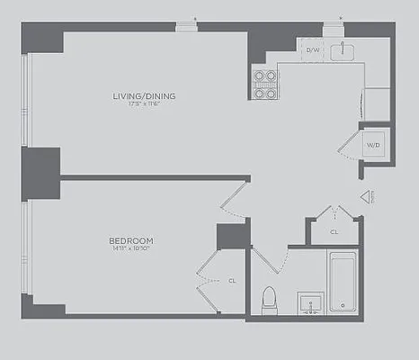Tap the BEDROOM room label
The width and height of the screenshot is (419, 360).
[131, 240]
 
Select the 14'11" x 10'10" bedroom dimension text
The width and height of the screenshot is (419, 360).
[131, 249]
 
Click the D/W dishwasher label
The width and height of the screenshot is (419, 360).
[313, 50]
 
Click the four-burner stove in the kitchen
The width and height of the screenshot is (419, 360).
[264, 84]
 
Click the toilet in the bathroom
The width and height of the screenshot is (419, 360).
[269, 300]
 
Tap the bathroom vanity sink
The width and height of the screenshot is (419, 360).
[311, 302]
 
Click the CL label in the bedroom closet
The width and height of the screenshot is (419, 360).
[232, 280]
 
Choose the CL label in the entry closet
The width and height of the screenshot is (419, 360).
[334, 231]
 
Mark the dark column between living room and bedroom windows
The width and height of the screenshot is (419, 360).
[40, 168]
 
